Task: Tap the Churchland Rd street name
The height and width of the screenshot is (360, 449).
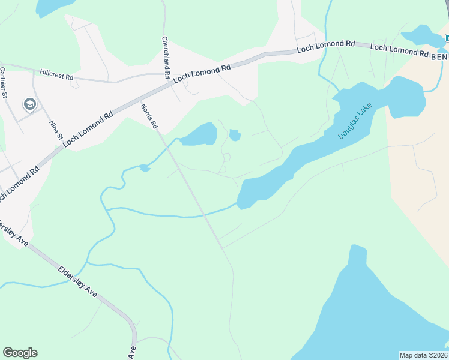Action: click(x=164, y=59)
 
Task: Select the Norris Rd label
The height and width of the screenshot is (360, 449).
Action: click(x=149, y=116)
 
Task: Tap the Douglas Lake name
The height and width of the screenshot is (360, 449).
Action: click(x=355, y=121)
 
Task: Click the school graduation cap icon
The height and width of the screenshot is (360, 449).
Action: click(x=29, y=105)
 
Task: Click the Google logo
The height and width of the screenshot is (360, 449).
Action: click(x=20, y=352)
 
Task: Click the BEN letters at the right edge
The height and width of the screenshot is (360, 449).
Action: click(x=439, y=55)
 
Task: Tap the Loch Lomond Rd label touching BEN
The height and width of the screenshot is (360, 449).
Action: click(x=399, y=50)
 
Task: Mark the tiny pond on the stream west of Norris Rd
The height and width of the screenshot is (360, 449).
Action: click(x=145, y=168)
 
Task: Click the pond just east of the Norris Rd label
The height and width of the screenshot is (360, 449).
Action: click(x=199, y=134)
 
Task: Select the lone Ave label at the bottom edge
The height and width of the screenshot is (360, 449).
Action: click(x=131, y=352)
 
